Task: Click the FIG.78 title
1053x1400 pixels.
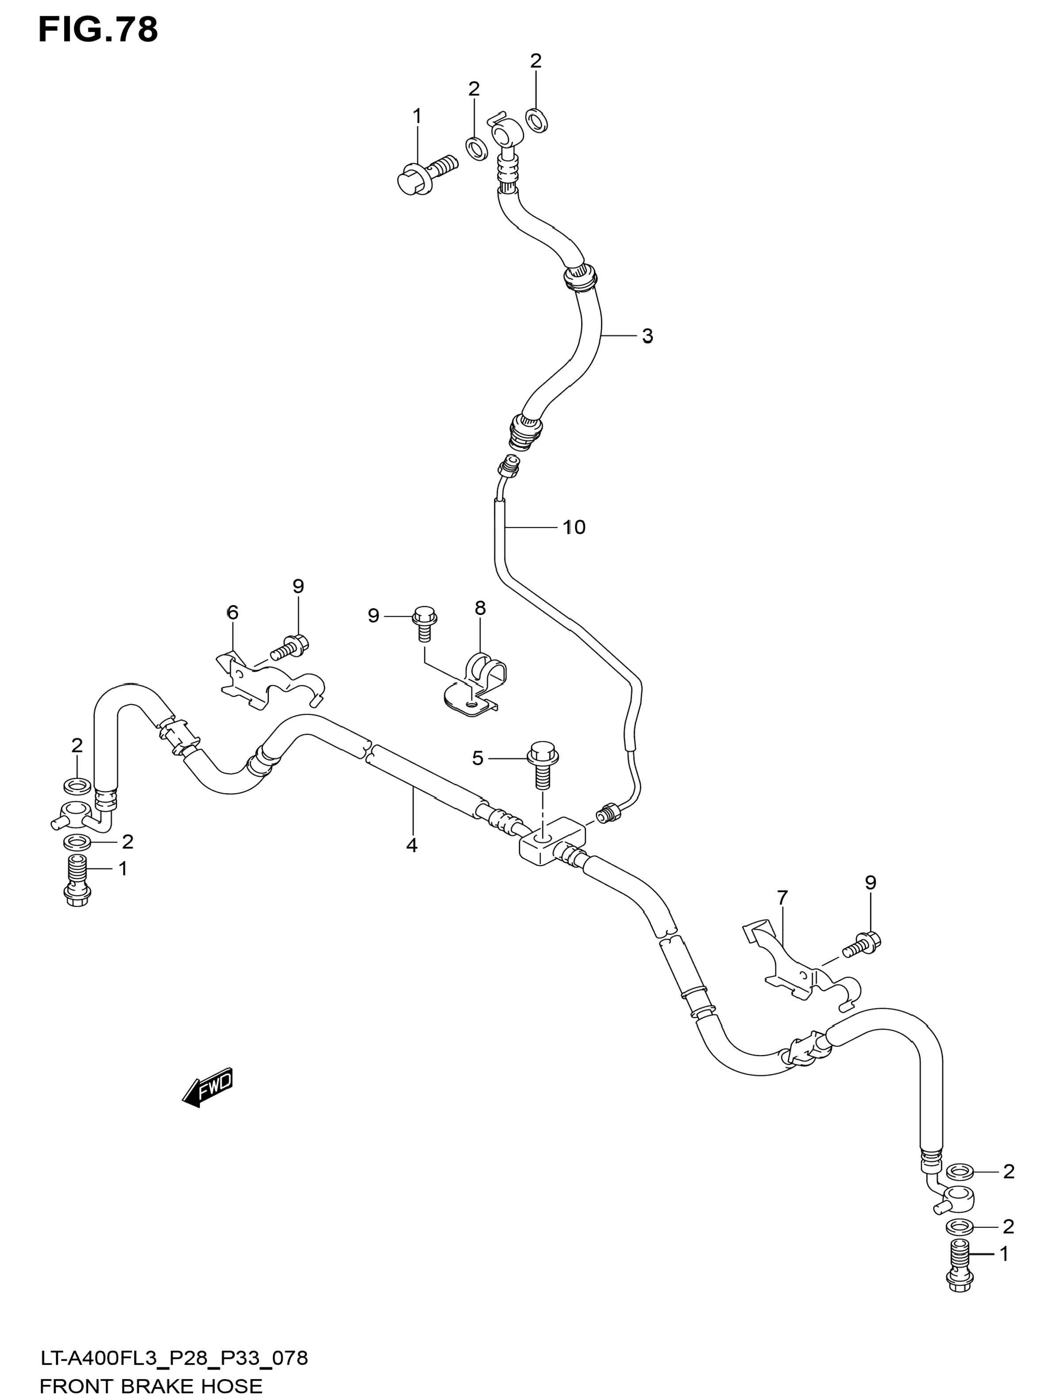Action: coord(98,30)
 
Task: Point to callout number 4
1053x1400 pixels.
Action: coord(412,845)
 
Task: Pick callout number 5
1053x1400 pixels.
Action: coord(478,758)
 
